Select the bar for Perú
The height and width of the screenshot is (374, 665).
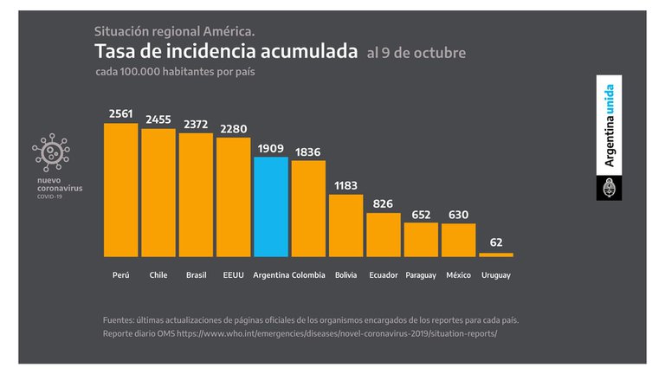click(x=120, y=190)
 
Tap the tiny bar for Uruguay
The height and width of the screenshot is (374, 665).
click(x=496, y=255)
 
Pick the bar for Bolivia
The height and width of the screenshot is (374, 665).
click(x=345, y=225)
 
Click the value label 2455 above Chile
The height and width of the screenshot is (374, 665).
click(x=158, y=120)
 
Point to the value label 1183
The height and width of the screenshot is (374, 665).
click(x=345, y=186)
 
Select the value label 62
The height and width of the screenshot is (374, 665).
click(x=496, y=243)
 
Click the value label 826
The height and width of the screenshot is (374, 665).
click(x=383, y=204)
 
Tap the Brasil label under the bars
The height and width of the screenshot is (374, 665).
click(x=196, y=274)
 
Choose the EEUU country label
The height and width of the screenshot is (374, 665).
click(x=233, y=274)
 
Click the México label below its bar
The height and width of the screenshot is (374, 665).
click(x=458, y=274)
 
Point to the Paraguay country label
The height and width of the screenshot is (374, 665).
click(x=421, y=274)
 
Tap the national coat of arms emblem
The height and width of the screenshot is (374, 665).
click(x=609, y=186)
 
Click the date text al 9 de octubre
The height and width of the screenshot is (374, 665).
click(x=416, y=54)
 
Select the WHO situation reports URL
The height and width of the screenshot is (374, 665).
click(x=338, y=333)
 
